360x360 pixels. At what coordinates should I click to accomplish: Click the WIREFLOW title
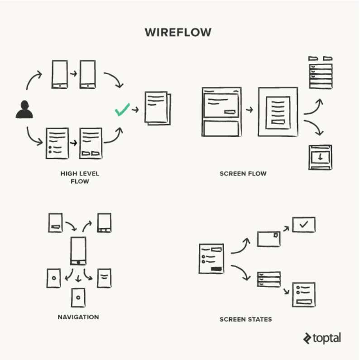tap(178, 33)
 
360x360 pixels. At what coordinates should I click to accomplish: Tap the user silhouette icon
tap(24, 110)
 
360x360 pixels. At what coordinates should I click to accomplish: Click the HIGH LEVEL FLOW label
tap(80, 177)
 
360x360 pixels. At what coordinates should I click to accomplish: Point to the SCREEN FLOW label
tap(243, 173)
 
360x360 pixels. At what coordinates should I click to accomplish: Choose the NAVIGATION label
tap(78, 317)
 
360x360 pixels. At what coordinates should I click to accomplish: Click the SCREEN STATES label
tap(246, 319)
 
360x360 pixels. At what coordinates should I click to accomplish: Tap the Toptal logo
tap(322, 338)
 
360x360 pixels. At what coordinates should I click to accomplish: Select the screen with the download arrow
tap(320, 157)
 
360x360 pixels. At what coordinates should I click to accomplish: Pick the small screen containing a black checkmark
tap(303, 225)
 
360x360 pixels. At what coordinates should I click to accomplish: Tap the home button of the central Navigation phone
tap(78, 262)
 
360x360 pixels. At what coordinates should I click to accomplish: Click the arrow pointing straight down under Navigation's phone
tap(78, 277)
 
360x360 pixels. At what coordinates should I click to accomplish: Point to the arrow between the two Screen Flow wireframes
tap(249, 110)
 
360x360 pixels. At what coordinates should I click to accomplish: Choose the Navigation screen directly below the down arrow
tap(78, 297)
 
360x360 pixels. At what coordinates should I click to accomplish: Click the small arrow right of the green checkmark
tap(135, 110)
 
